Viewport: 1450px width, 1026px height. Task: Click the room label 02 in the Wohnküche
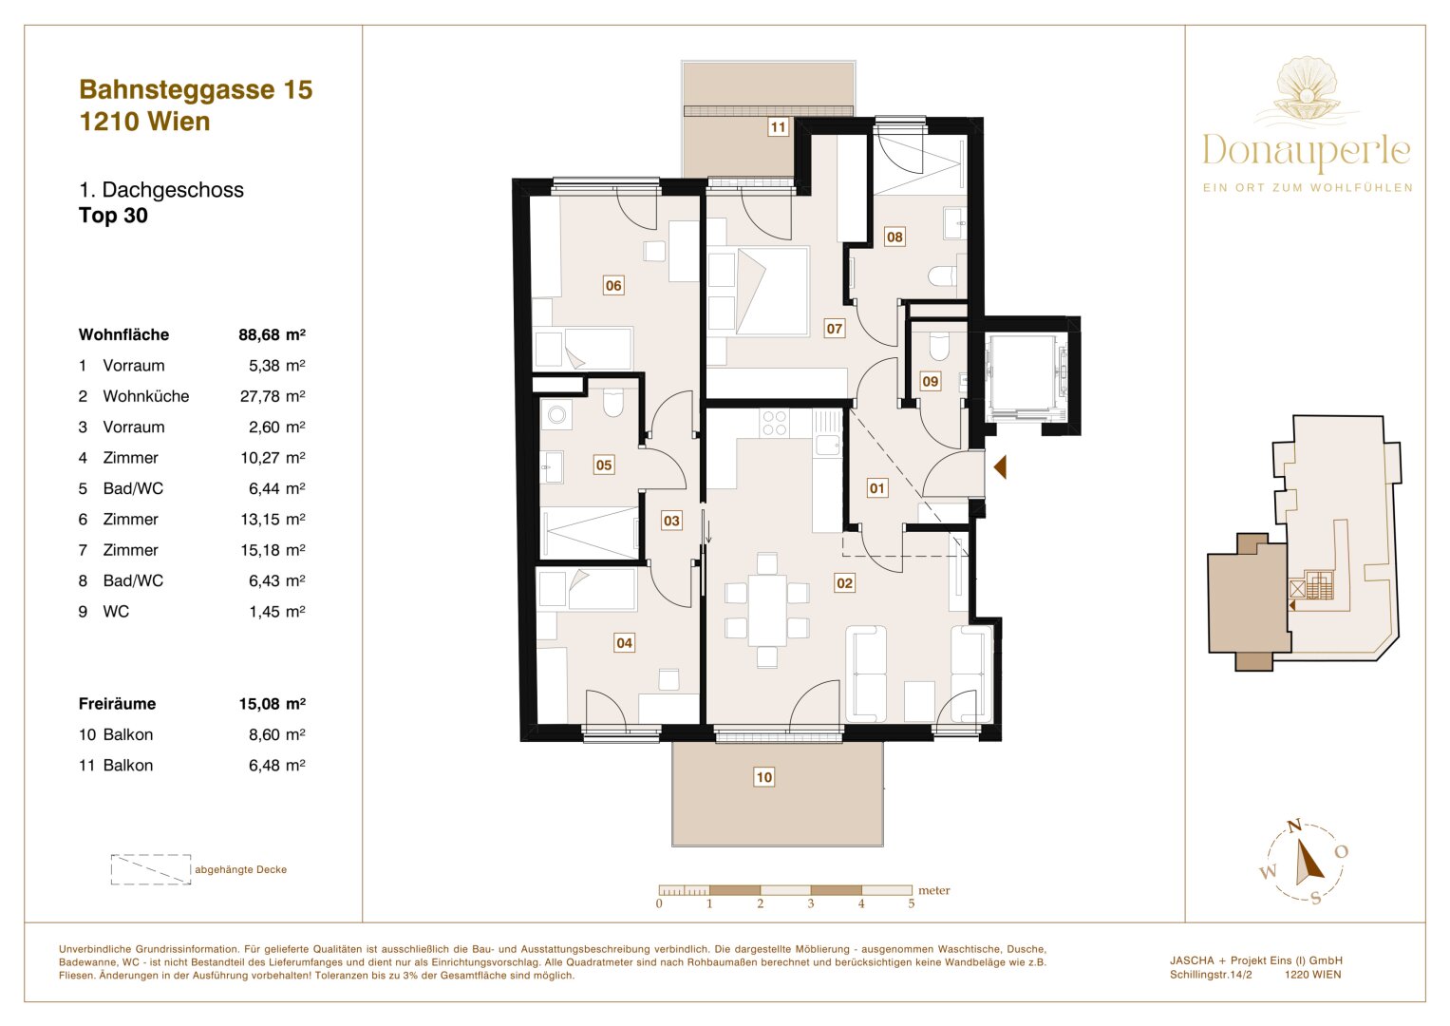pos(844,583)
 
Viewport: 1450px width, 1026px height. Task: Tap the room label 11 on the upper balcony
pos(778,127)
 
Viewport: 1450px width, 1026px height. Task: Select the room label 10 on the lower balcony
pos(763,777)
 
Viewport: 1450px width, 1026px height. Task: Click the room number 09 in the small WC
pos(930,381)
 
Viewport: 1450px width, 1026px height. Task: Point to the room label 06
pos(613,285)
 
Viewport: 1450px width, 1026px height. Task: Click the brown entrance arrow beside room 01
pos(999,466)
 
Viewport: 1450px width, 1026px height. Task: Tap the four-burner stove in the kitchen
pos(775,423)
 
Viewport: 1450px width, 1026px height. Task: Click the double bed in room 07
pos(758,291)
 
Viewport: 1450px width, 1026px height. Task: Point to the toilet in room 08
pos(942,276)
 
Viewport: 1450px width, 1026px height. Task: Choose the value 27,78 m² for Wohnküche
pos(273,396)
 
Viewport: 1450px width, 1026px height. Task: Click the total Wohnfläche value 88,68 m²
pos(272,334)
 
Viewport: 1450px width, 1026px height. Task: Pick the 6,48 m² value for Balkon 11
pos(276,766)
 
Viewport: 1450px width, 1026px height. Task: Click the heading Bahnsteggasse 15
pos(196,89)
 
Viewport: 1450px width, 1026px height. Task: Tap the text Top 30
pos(113,216)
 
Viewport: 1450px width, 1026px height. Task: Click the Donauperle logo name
pos(1306,151)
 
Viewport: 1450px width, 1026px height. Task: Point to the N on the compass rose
pos(1293,826)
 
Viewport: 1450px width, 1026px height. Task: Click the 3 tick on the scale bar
pos(811,903)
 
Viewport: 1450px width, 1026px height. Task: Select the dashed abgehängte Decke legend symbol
pos(151,869)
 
